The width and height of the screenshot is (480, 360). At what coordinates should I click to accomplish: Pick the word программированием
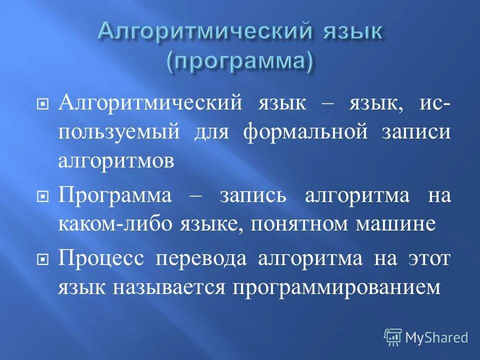(x=336, y=288)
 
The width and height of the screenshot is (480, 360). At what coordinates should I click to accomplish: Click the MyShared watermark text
(x=436, y=337)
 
